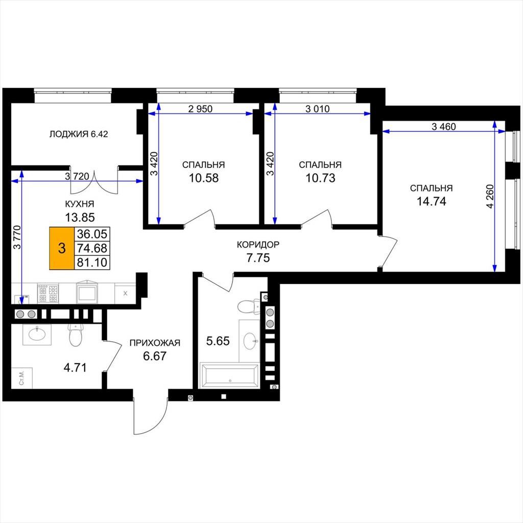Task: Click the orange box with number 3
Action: point(62,248)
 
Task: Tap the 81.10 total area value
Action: point(92,263)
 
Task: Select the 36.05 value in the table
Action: point(92,234)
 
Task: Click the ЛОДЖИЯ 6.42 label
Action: point(79,134)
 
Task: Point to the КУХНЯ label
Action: point(79,204)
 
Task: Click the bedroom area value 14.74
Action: point(432,201)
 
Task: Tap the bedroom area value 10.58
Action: point(204,178)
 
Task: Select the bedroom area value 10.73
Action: point(321,178)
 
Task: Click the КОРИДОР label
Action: point(258,245)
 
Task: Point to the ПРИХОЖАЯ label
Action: point(155,343)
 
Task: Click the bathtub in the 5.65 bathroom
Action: point(229,376)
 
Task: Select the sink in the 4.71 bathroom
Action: point(37,334)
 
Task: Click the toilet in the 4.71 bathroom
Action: point(76,335)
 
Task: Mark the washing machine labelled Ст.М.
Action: point(21,378)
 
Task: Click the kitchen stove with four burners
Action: point(48,294)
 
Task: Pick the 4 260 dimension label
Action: point(490,196)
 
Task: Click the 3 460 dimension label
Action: point(444,127)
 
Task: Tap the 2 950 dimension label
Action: point(200,109)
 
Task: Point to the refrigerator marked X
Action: point(125,294)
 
